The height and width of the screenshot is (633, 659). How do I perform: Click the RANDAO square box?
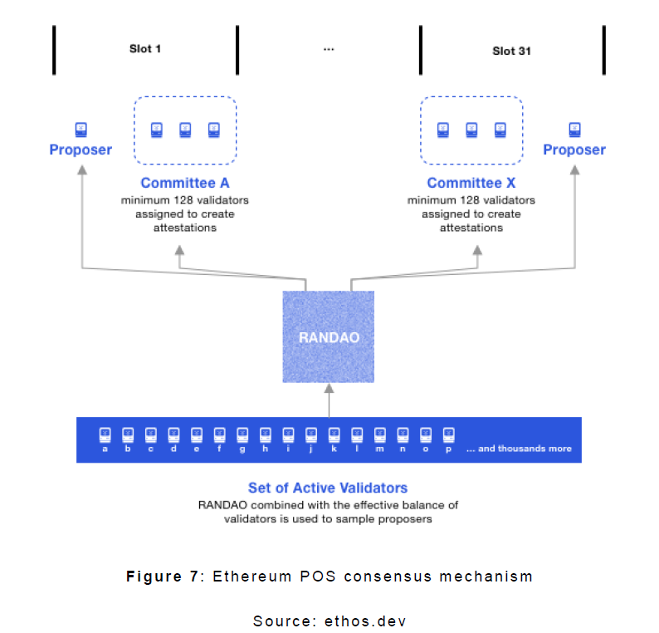click(x=329, y=336)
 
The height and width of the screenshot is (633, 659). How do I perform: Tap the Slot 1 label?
click(x=145, y=49)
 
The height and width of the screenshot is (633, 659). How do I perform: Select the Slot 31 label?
click(x=511, y=51)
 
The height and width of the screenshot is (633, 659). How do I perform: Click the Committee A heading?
click(x=184, y=184)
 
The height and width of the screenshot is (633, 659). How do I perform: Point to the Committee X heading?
click(x=471, y=184)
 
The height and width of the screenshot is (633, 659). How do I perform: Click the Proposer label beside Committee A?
click(x=81, y=150)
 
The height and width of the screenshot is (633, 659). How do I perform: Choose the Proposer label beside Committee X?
click(x=574, y=150)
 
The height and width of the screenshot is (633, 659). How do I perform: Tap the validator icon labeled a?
click(x=105, y=434)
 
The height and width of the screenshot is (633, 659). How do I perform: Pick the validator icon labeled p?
click(x=449, y=434)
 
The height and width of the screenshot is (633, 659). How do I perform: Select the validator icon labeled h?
click(x=266, y=434)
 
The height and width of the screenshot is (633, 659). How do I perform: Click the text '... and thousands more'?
click(x=519, y=449)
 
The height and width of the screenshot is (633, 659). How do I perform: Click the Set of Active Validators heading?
click(x=328, y=488)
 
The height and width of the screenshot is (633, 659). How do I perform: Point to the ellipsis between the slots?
click(x=329, y=49)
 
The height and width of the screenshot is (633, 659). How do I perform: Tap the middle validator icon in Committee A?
click(x=185, y=130)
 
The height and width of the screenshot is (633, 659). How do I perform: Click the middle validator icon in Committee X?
click(x=471, y=130)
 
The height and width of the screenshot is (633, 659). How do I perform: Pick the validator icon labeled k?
click(x=334, y=434)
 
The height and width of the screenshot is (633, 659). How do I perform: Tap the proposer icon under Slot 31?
click(x=574, y=130)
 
